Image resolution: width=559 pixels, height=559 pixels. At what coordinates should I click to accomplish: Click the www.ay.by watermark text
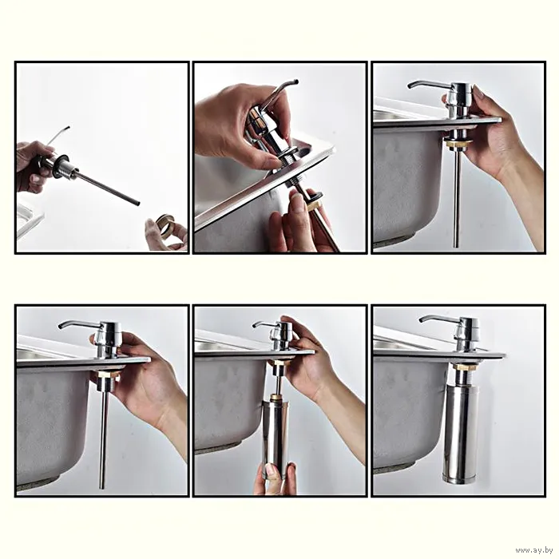[534, 550]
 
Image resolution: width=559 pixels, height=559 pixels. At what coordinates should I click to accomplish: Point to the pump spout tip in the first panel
[68, 128]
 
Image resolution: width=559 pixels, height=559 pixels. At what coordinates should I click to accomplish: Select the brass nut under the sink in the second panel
[315, 205]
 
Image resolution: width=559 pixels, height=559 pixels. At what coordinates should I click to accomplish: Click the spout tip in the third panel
[410, 86]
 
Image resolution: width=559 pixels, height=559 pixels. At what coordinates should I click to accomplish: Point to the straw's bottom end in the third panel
[456, 246]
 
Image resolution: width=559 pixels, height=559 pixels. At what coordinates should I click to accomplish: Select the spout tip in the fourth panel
[60, 327]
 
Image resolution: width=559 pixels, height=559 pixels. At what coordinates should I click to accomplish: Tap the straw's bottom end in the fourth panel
[103, 486]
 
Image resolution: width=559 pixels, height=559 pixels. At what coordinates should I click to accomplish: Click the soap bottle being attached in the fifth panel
[276, 438]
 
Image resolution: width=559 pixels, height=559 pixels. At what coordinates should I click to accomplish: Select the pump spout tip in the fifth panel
[255, 326]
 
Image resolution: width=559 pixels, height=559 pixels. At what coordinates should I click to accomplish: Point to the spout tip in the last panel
[422, 319]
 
